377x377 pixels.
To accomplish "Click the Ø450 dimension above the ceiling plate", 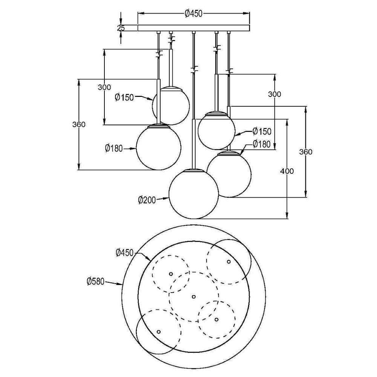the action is pyautogui.click(x=193, y=14).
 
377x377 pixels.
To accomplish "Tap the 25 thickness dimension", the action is pyautogui.click(x=121, y=28).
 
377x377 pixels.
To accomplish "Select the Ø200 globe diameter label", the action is pyautogui.click(x=147, y=200).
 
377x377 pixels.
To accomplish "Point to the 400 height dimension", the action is pyautogui.click(x=287, y=171).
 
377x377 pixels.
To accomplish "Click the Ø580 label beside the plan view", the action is pyautogui.click(x=96, y=281).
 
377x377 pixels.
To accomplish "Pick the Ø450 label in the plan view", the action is pyautogui.click(x=124, y=253).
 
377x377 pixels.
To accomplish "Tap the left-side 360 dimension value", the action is pyautogui.click(x=79, y=124).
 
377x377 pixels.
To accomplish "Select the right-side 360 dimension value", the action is pyautogui.click(x=306, y=152).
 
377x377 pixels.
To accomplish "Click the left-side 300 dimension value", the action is pyautogui.click(x=104, y=87).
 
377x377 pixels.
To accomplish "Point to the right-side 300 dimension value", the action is pyautogui.click(x=274, y=94).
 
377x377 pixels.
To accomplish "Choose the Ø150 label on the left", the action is pyautogui.click(x=124, y=97).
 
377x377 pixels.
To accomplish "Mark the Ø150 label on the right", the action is pyautogui.click(x=262, y=131).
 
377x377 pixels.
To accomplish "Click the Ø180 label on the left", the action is pyautogui.click(x=114, y=148).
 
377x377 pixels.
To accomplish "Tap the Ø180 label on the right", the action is pyautogui.click(x=262, y=144).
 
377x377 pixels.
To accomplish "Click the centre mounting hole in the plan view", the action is pyautogui.click(x=194, y=296).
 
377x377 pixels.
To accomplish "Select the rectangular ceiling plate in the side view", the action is pyautogui.click(x=193, y=28).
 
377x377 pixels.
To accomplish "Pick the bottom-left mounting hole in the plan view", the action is pyautogui.click(x=158, y=332).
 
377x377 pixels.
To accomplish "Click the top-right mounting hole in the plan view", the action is pyautogui.click(x=229, y=262).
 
